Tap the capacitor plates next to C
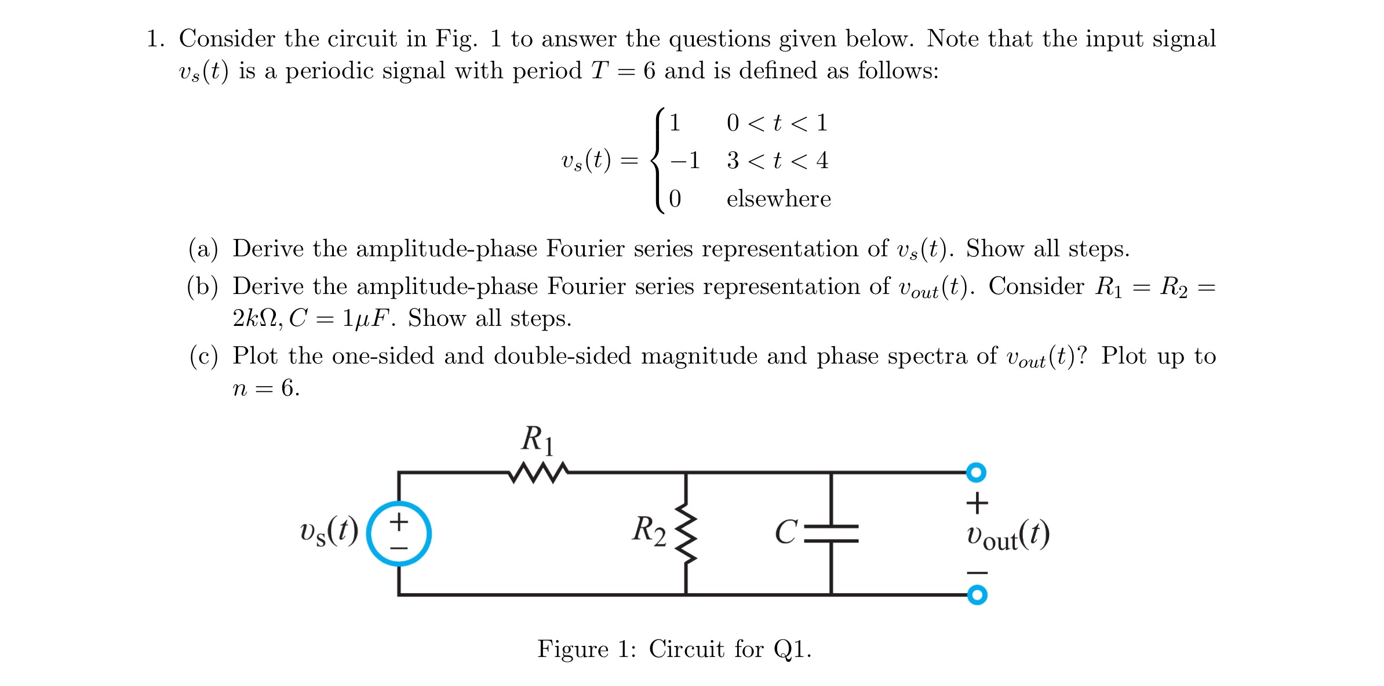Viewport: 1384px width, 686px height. pos(831,533)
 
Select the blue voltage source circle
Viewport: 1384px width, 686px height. pos(399,533)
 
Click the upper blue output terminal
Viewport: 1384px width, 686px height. pos(976,472)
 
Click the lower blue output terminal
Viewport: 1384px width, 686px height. pos(977,595)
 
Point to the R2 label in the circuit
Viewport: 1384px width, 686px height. pos(649,531)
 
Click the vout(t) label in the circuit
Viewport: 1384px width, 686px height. pos(1007,536)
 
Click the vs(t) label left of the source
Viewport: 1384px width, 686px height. pos(329,532)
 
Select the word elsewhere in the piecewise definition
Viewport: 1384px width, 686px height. pos(778,199)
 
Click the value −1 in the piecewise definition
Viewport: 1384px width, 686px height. pos(684,160)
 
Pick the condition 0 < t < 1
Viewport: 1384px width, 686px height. pos(777,123)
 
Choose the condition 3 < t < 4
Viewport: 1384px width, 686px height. pos(777,160)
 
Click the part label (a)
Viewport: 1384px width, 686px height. pos(203,249)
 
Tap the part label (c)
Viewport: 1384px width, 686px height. pos(203,356)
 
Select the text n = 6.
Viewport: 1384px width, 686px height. pos(266,388)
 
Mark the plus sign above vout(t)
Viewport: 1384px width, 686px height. pos(977,503)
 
